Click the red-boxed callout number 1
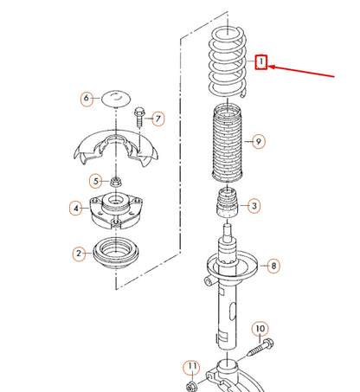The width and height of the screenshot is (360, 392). (261, 62)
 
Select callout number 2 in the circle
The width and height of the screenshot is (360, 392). (79, 254)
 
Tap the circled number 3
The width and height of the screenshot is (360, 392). (254, 206)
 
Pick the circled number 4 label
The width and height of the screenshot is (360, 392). (76, 208)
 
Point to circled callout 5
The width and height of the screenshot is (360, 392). (96, 181)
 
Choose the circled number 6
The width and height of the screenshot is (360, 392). (87, 99)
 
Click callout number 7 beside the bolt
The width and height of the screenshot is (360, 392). (157, 119)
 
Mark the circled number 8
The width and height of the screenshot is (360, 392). (273, 266)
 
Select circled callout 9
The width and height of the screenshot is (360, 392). (258, 141)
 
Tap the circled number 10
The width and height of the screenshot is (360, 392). (260, 329)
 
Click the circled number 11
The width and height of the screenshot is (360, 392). (192, 367)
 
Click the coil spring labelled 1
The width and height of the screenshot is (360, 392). (228, 62)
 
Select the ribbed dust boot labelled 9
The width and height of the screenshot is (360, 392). (228, 143)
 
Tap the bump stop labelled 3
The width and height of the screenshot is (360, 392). (228, 202)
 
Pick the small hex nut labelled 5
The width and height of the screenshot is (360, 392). (116, 182)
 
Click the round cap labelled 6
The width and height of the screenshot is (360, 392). (116, 99)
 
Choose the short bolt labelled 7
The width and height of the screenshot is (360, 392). (139, 117)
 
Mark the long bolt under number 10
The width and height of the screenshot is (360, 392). (260, 347)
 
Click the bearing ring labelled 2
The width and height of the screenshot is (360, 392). (116, 254)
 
